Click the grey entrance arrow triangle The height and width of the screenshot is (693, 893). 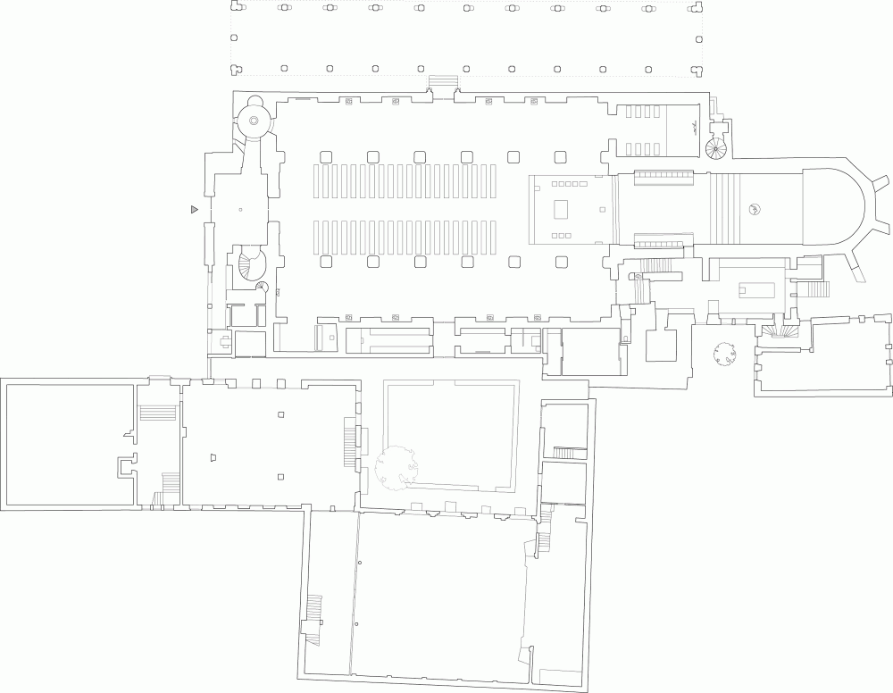click(x=193, y=209)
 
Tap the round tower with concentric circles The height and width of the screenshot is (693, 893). click(x=253, y=121)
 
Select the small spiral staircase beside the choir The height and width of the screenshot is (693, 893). click(x=717, y=147)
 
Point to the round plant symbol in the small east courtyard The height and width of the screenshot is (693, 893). click(x=723, y=356)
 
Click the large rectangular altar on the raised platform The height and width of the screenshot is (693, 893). click(x=561, y=210)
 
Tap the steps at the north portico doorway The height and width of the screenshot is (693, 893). click(x=443, y=83)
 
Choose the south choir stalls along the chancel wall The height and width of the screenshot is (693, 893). click(x=664, y=240)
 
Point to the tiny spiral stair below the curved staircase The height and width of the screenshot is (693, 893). click(x=262, y=287)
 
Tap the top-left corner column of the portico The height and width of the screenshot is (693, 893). click(x=237, y=7)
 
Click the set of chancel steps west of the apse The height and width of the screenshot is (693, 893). click(x=725, y=208)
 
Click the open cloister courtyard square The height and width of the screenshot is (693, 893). click(x=449, y=435)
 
